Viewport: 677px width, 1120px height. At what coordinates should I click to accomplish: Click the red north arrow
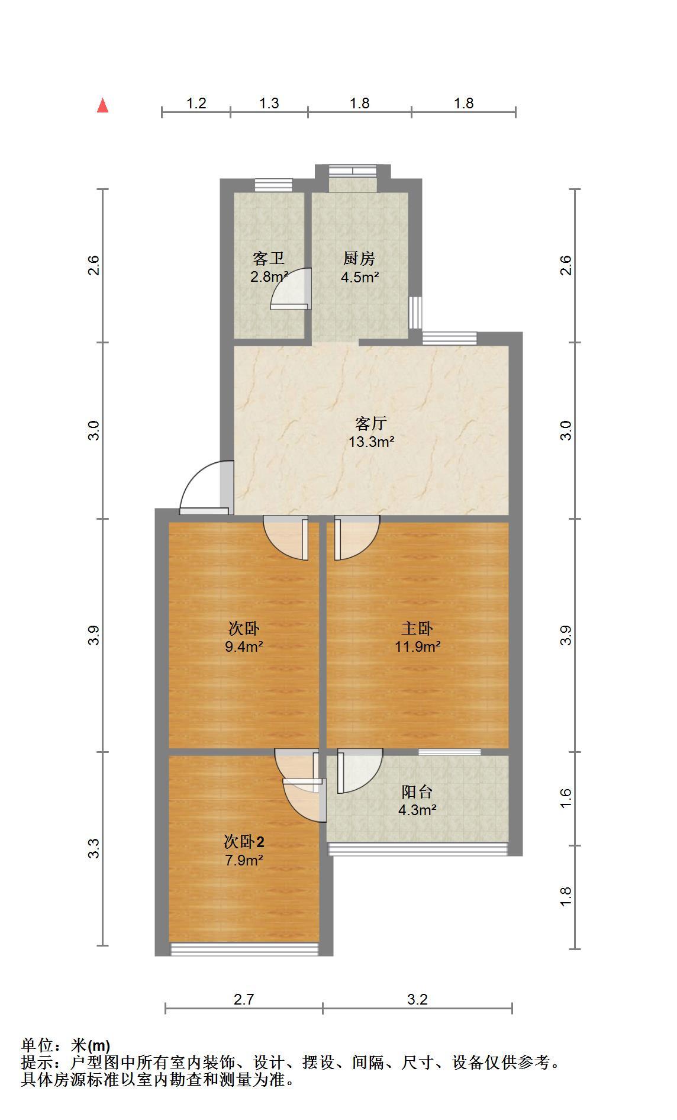103,105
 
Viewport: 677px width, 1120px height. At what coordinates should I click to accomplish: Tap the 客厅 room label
371,423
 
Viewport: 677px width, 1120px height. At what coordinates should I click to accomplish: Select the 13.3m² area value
371,442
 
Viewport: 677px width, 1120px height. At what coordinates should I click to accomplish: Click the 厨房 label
359,259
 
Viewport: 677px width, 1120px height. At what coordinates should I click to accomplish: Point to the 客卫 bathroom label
269,259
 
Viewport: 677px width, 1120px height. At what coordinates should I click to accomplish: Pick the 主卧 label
418,628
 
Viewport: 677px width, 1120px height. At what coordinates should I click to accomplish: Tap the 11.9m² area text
418,646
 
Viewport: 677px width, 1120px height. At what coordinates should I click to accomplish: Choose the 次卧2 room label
244,841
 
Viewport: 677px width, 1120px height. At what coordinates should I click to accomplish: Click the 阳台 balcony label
417,791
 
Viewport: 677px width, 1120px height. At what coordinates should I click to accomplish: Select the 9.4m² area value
244,646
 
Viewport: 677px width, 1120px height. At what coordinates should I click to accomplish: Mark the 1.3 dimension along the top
269,103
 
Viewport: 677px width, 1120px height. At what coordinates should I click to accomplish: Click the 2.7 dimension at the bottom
244,1000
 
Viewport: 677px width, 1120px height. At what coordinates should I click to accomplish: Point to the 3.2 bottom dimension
417,1000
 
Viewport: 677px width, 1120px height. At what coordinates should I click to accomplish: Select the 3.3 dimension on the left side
94,849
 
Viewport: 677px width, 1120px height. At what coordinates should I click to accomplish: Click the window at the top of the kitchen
353,171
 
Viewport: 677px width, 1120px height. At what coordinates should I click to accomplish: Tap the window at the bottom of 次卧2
244,949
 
